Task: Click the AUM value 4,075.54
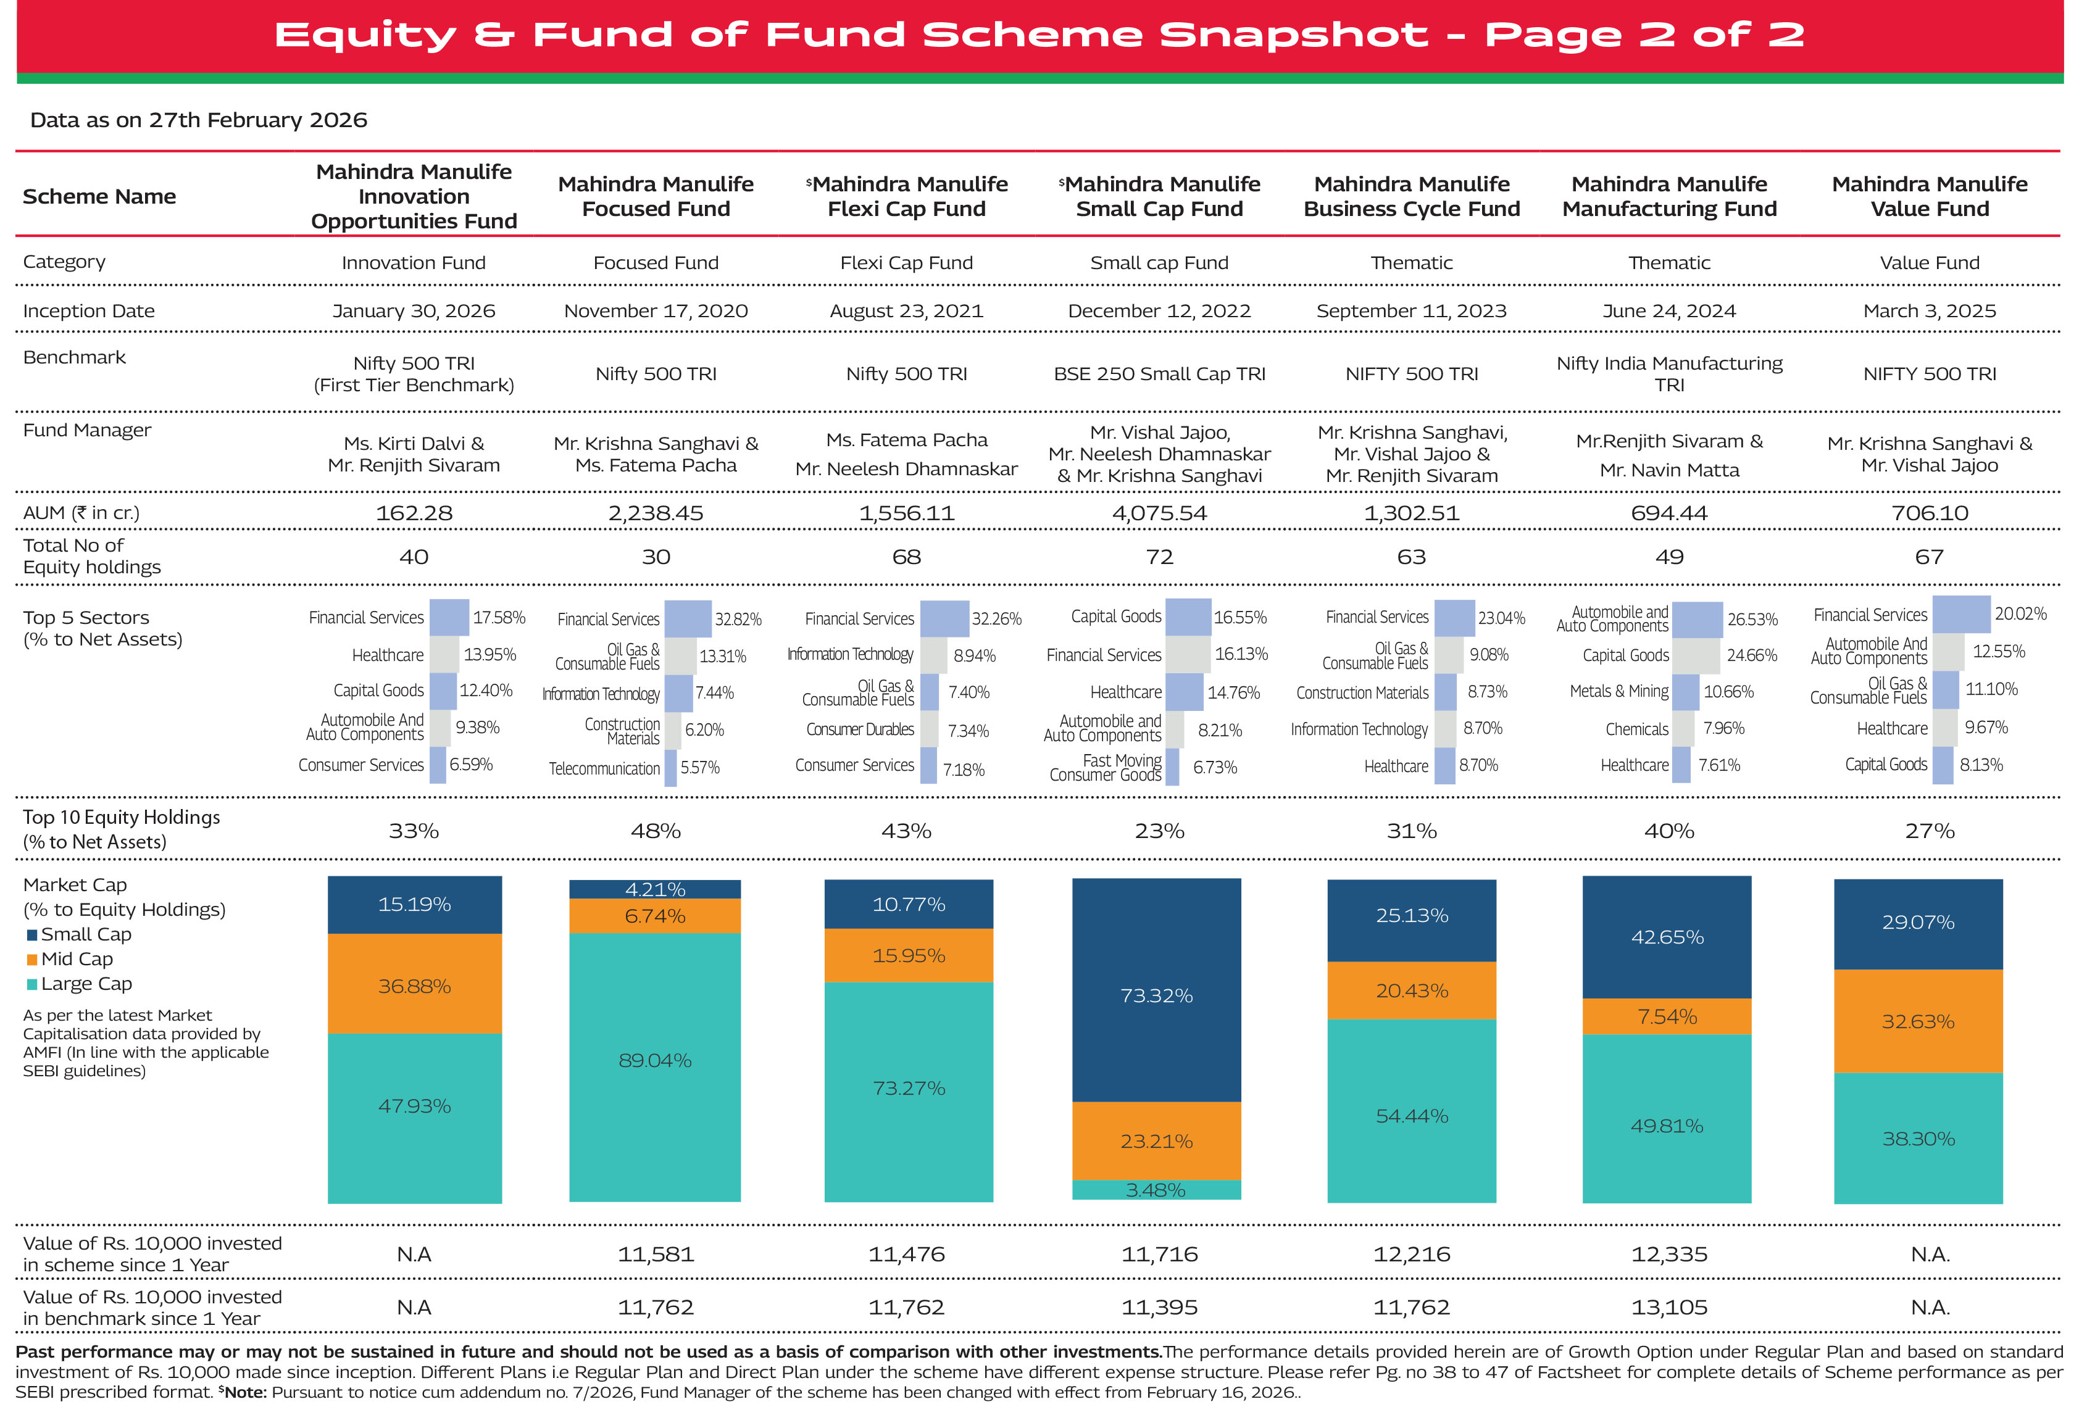pos(1159,513)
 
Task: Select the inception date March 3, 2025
pos(1929,310)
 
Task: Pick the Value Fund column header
pos(1929,196)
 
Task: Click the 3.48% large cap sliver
pos(1156,1190)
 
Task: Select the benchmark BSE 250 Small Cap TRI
pos(1159,374)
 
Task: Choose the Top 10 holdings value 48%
pos(656,831)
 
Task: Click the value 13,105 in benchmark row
pos(1668,1308)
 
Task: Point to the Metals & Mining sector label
pos(1618,692)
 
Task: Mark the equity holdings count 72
pos(1159,557)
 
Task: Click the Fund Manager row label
pos(87,431)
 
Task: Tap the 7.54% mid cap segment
pos(1666,1016)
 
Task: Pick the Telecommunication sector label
pos(604,769)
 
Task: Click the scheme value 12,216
pos(1411,1255)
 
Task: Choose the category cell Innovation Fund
pos(413,263)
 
